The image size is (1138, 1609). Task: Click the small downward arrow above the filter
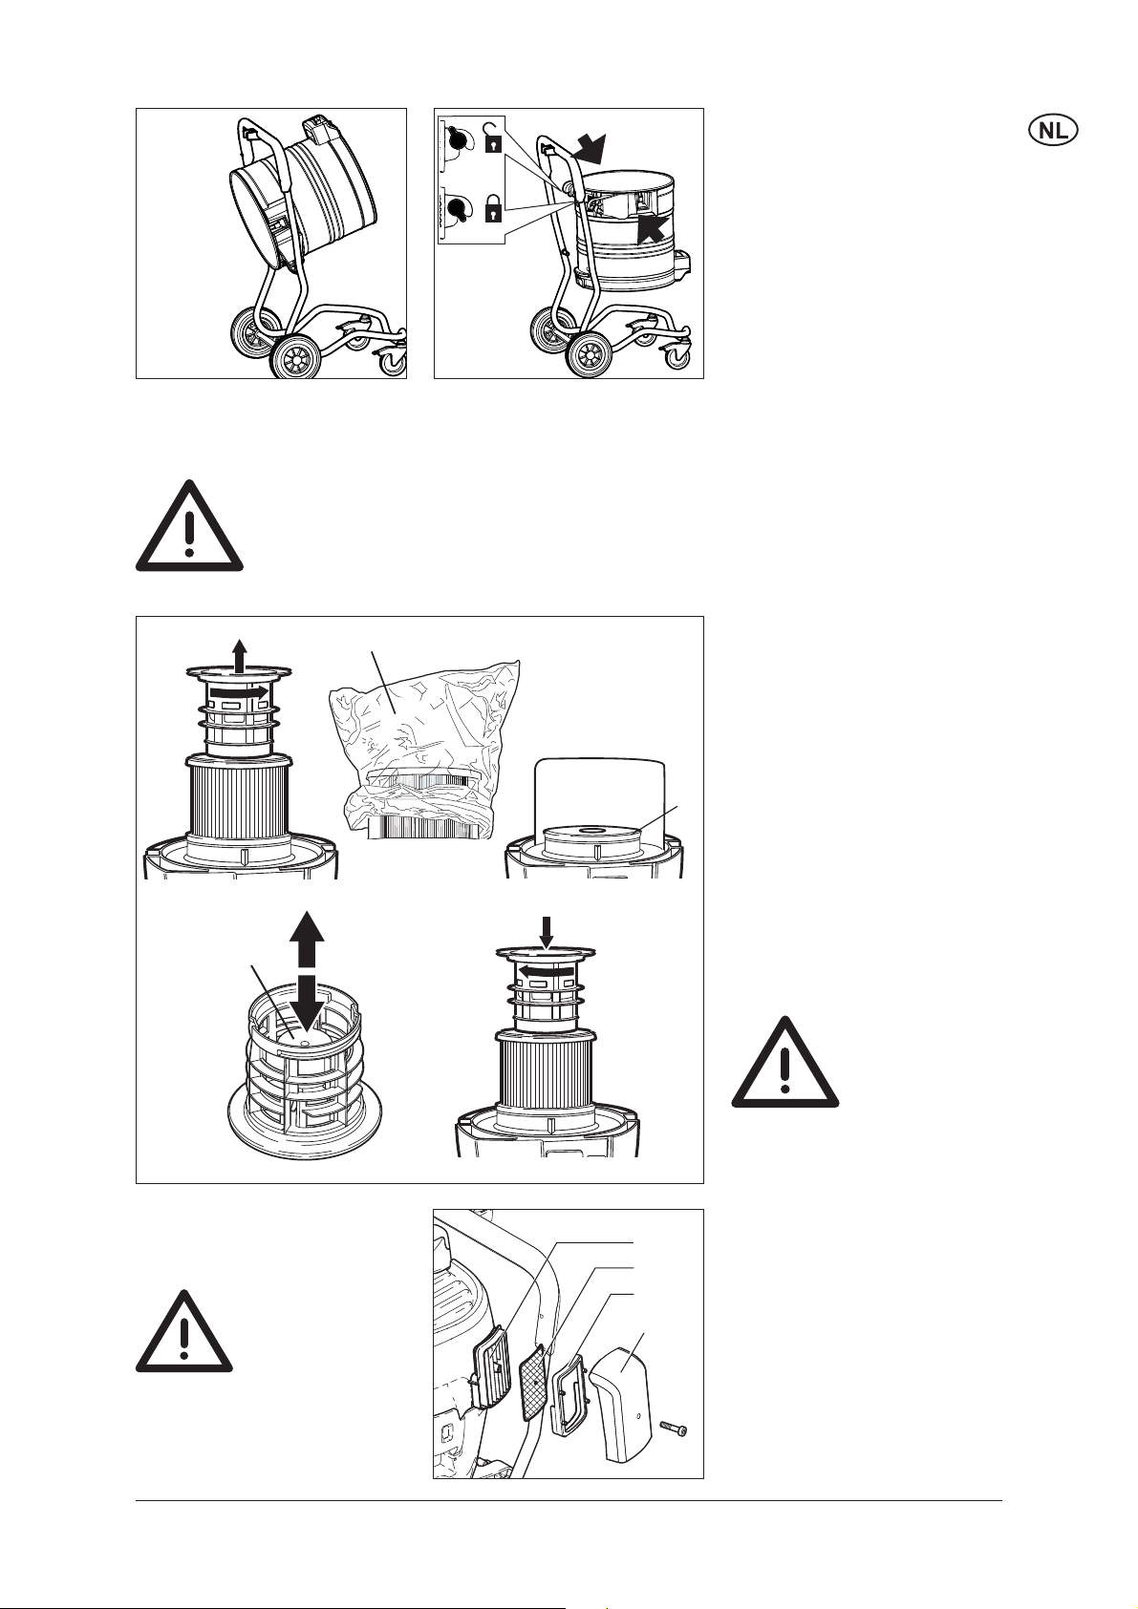[x=548, y=932]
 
